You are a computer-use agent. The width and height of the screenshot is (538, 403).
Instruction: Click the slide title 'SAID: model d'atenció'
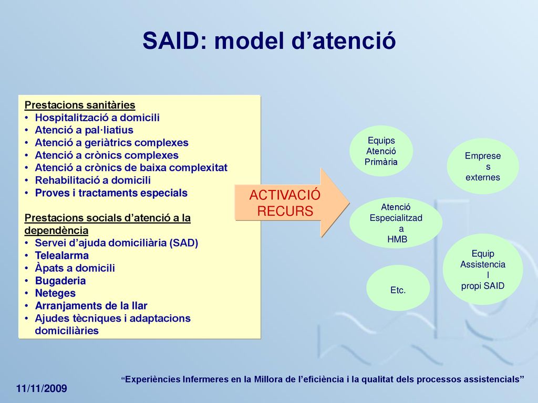270,41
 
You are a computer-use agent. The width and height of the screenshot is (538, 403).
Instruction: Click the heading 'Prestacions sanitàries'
80,105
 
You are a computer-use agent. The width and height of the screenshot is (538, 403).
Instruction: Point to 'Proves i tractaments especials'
111,193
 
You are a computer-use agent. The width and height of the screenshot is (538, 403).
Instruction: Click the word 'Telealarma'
62,256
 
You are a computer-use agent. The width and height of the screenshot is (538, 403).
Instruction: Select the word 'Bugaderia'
60,281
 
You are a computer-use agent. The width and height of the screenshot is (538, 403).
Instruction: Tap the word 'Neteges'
55,293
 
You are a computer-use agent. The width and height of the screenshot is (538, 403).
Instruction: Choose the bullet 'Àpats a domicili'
75,268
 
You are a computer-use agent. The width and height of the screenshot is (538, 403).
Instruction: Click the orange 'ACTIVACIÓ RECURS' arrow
292,203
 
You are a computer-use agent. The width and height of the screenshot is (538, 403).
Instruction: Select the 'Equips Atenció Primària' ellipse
381,151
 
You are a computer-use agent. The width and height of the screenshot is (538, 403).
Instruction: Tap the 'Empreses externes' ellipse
483,166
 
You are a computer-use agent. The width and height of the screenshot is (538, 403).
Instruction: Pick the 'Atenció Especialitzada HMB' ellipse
396,222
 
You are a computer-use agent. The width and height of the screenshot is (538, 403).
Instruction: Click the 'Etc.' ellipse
398,288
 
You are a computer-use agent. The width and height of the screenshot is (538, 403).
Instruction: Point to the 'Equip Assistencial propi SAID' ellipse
483,269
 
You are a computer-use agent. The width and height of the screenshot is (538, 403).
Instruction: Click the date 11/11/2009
42,389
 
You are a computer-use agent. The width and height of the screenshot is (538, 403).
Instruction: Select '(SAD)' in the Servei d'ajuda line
183,243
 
